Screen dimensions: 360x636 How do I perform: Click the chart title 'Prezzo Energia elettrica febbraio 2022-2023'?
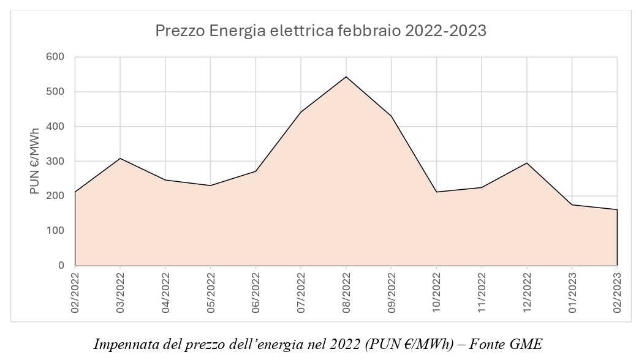(x=320, y=31)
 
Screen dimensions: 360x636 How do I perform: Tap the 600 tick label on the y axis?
(x=56, y=57)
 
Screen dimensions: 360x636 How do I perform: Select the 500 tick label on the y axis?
(x=56, y=92)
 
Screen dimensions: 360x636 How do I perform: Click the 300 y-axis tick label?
(x=56, y=162)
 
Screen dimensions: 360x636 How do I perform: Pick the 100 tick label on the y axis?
(x=56, y=231)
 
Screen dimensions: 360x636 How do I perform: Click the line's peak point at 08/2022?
(x=346, y=77)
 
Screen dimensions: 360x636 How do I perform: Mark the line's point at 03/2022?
(x=120, y=159)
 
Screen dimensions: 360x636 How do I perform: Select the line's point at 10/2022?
(x=436, y=192)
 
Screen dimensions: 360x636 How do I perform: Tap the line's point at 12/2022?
(x=527, y=163)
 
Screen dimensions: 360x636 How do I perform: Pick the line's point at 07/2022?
(x=301, y=112)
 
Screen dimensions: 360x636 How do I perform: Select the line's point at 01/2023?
(x=572, y=204)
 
